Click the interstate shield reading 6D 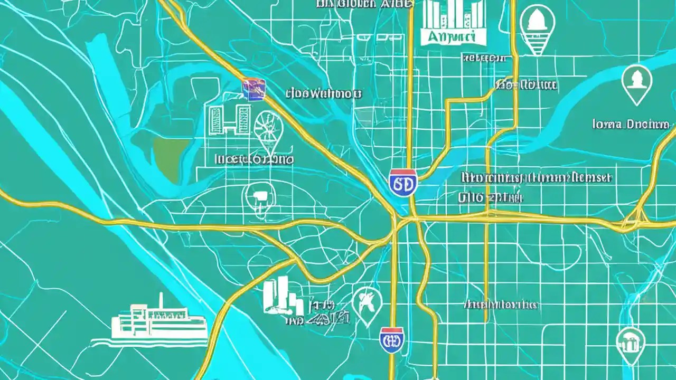[402, 183]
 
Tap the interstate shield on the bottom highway [392, 340]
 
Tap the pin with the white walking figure [367, 305]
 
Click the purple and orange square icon [253, 90]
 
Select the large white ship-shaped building [158, 323]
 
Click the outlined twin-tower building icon [229, 120]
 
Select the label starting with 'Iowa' [630, 125]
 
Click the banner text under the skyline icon [448, 36]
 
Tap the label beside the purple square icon [323, 94]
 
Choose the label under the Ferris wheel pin [255, 158]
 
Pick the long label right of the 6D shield [536, 177]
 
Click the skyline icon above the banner [448, 14]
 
